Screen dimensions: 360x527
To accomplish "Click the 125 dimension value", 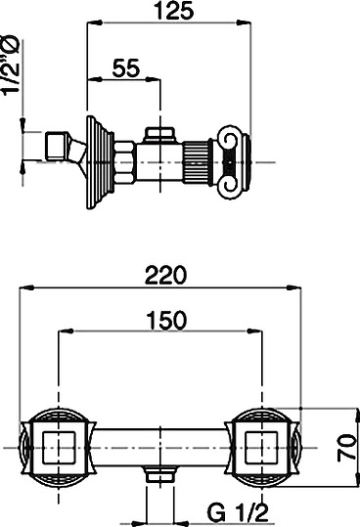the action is (175, 11).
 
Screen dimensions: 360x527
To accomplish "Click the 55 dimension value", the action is (126, 68).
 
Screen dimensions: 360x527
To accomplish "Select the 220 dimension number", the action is (165, 276).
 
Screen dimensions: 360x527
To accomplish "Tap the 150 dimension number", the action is (166, 320).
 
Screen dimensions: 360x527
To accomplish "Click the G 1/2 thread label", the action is (238, 512).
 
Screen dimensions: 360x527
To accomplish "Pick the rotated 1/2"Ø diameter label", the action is (11, 66).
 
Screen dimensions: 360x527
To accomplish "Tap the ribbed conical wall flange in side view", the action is (99, 162).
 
